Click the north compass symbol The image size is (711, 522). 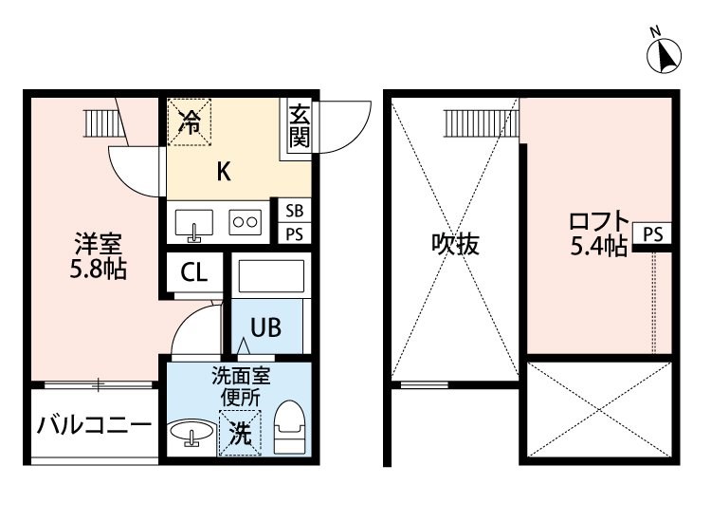click(x=665, y=55)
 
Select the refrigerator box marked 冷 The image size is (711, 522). click(x=191, y=121)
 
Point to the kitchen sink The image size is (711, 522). click(x=194, y=223)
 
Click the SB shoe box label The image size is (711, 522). click(x=295, y=210)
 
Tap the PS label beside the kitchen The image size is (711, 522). click(x=295, y=234)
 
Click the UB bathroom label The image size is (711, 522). click(x=264, y=327)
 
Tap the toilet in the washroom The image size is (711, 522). click(x=287, y=427)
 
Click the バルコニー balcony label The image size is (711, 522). click(x=94, y=424)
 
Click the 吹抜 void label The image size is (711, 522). click(x=455, y=244)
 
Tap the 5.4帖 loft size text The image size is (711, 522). click(x=597, y=248)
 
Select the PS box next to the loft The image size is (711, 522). click(x=653, y=233)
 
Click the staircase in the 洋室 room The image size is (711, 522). click(x=99, y=122)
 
